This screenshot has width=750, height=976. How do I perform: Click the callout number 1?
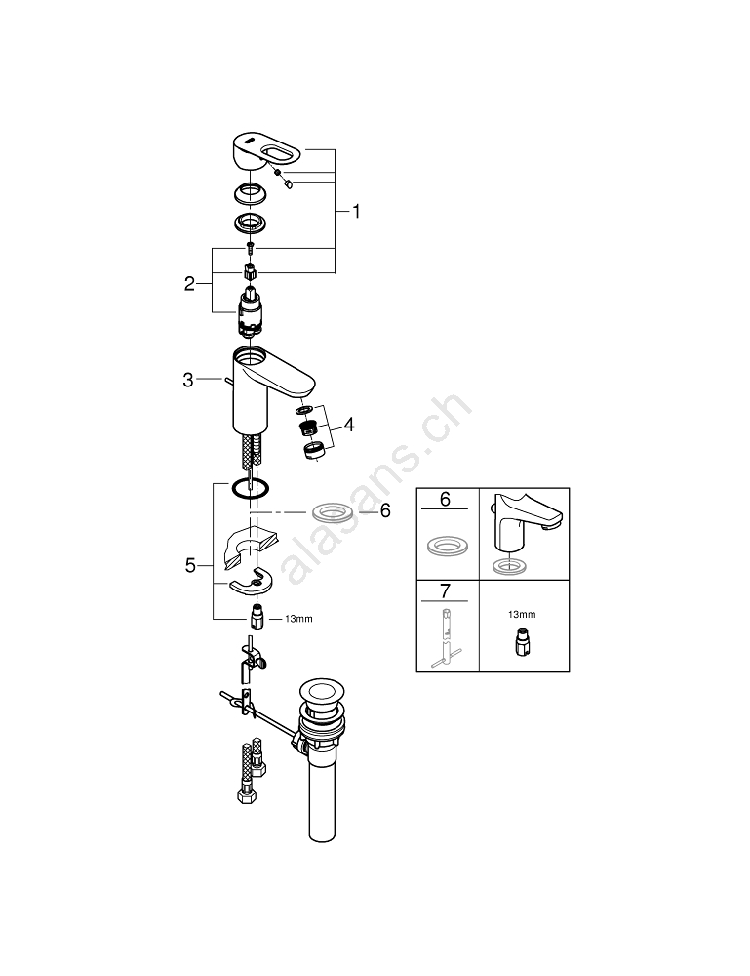(356, 211)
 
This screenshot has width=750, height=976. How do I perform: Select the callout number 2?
(190, 285)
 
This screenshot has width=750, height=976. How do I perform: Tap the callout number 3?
(188, 381)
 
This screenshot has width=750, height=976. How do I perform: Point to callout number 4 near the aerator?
(348, 427)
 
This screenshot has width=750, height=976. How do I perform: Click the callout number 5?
(191, 564)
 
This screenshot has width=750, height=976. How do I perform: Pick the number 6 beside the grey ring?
(384, 510)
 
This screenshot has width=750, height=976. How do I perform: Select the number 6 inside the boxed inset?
(445, 500)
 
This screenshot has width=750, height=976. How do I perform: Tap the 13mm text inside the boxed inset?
(523, 614)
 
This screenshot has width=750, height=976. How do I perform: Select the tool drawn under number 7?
(446, 638)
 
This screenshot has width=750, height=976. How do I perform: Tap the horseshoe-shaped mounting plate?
(252, 583)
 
